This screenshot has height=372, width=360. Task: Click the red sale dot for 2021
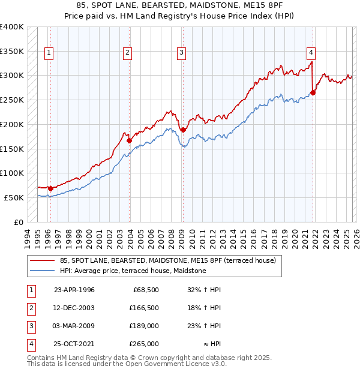[x=313, y=92]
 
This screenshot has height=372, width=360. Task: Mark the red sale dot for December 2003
[x=130, y=140]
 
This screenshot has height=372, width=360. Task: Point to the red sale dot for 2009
[x=182, y=130]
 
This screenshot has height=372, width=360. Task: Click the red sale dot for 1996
[x=50, y=188]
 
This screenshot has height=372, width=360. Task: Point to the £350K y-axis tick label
[x=12, y=52]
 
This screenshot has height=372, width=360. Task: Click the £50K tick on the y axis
[x=14, y=197]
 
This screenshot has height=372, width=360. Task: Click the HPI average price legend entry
[x=133, y=271]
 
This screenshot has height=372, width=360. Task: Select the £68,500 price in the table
[x=143, y=290]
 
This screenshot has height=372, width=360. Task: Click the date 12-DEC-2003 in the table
[x=74, y=308]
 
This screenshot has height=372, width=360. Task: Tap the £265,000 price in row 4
[x=143, y=344]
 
